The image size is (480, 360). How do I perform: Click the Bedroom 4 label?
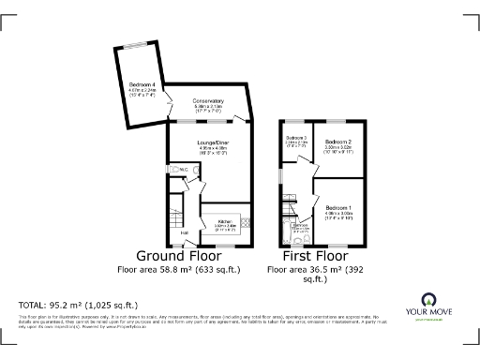(142, 85)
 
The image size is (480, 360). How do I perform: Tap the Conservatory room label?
(208, 100)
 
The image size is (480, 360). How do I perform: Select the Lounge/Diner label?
(214, 142)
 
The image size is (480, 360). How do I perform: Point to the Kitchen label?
(226, 221)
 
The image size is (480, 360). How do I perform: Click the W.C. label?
(184, 169)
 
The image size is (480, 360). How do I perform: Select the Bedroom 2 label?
(337, 142)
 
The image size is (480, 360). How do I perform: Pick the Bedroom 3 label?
(296, 138)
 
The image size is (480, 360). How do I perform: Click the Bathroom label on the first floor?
(301, 225)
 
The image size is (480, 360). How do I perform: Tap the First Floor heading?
(314, 256)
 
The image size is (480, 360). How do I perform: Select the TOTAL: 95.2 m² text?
(79, 306)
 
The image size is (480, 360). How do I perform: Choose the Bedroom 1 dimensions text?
(338, 213)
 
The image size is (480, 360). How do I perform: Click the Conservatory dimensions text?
(208, 107)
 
